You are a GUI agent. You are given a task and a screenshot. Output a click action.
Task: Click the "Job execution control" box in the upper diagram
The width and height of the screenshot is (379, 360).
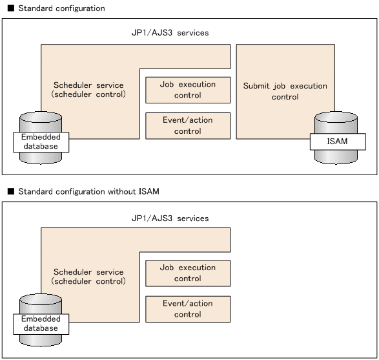pos(188,90)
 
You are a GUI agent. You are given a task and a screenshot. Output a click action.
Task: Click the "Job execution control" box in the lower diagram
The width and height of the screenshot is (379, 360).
pos(188,273)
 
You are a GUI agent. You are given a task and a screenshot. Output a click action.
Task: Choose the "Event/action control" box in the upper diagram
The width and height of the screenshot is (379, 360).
pos(188,125)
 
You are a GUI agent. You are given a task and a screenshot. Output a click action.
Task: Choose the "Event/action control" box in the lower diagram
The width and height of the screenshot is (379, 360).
pos(188,308)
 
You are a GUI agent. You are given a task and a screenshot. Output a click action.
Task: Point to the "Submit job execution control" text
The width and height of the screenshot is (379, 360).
pos(285,91)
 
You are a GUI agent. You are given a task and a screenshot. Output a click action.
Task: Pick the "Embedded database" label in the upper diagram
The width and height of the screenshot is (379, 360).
pos(41,142)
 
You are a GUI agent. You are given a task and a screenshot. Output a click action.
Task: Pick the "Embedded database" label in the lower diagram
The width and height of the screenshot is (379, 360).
pos(41,324)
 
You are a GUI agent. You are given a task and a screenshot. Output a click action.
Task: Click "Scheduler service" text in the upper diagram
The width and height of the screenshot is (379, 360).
pos(88,85)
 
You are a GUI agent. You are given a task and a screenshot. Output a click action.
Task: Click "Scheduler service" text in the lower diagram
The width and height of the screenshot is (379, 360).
pos(88,271)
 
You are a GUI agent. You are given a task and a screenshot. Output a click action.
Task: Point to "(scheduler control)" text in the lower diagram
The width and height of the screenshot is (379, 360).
pos(88,281)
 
